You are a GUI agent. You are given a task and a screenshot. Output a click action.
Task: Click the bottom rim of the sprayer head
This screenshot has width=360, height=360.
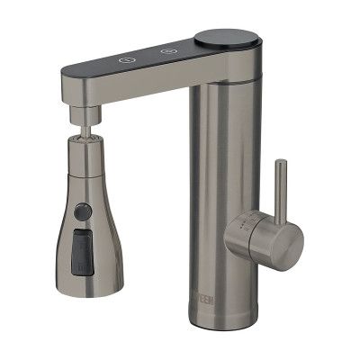[87, 272]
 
